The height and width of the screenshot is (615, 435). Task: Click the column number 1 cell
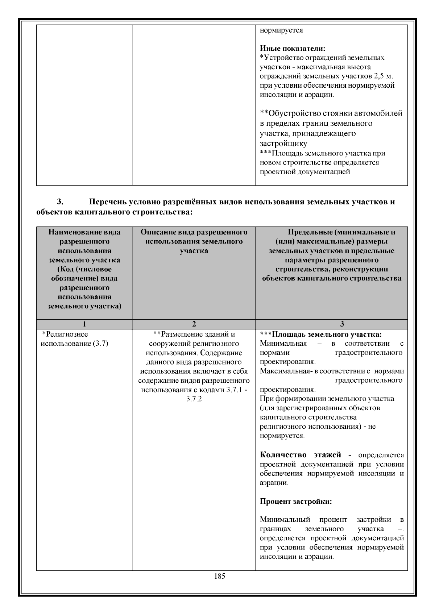[x=84, y=324]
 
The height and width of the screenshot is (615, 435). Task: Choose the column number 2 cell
[x=194, y=324]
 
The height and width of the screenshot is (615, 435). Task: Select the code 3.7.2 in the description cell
[x=194, y=399]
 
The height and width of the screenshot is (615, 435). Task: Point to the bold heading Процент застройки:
[x=296, y=502]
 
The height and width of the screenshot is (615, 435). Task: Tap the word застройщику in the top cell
[x=283, y=144]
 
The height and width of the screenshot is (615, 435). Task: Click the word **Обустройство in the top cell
[x=293, y=113]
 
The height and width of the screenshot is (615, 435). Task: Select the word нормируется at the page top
[x=281, y=30]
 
